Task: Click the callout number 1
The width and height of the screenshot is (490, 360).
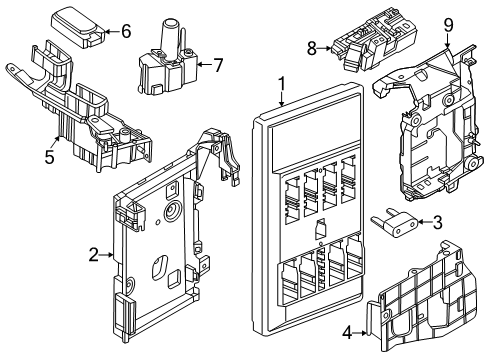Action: pyautogui.click(x=282, y=85)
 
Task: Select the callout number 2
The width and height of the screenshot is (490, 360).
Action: pyautogui.click(x=93, y=256)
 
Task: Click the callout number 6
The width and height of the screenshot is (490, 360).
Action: pyautogui.click(x=125, y=31)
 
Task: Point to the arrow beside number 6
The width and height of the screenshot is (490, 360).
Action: pyautogui.click(x=110, y=32)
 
